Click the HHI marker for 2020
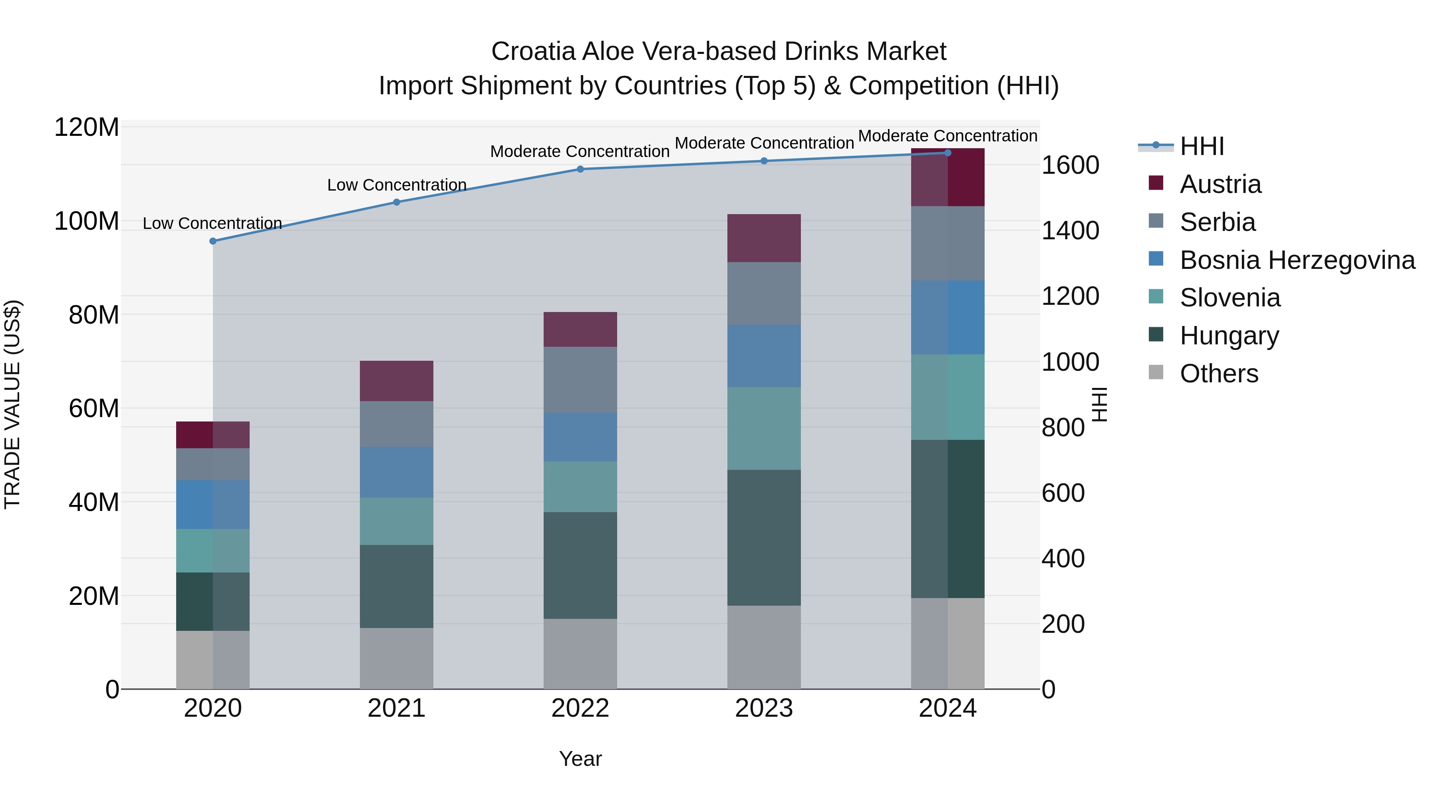213,241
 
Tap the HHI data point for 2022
580,169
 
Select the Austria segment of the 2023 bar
764,239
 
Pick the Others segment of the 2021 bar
396,658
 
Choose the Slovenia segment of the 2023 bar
764,428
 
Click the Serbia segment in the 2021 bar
396,424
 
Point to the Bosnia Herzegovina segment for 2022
580,437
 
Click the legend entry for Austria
1220,184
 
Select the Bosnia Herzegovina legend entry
1296,260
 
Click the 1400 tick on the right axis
1070,231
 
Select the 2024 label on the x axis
947,708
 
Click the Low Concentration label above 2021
396,185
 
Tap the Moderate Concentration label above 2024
947,136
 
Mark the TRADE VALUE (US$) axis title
12,404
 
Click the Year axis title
580,759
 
